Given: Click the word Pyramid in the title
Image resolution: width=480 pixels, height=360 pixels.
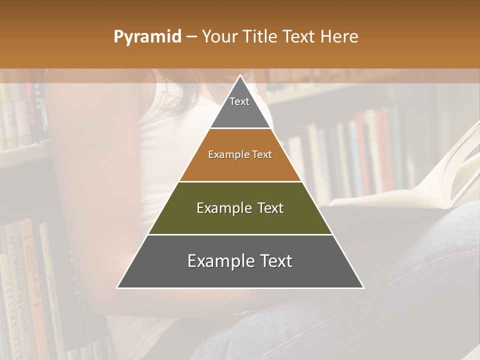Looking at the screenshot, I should click(x=147, y=37).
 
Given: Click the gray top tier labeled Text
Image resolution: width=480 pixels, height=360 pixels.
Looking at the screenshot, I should click(x=240, y=110).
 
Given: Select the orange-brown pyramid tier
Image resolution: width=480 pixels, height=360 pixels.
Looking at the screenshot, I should click(x=240, y=165).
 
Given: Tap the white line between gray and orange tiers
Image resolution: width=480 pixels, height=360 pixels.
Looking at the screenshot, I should click(x=240, y=128).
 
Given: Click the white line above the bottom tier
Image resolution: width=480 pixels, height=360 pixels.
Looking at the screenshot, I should click(x=240, y=234).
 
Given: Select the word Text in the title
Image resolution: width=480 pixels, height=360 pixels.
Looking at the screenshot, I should click(x=298, y=37).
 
